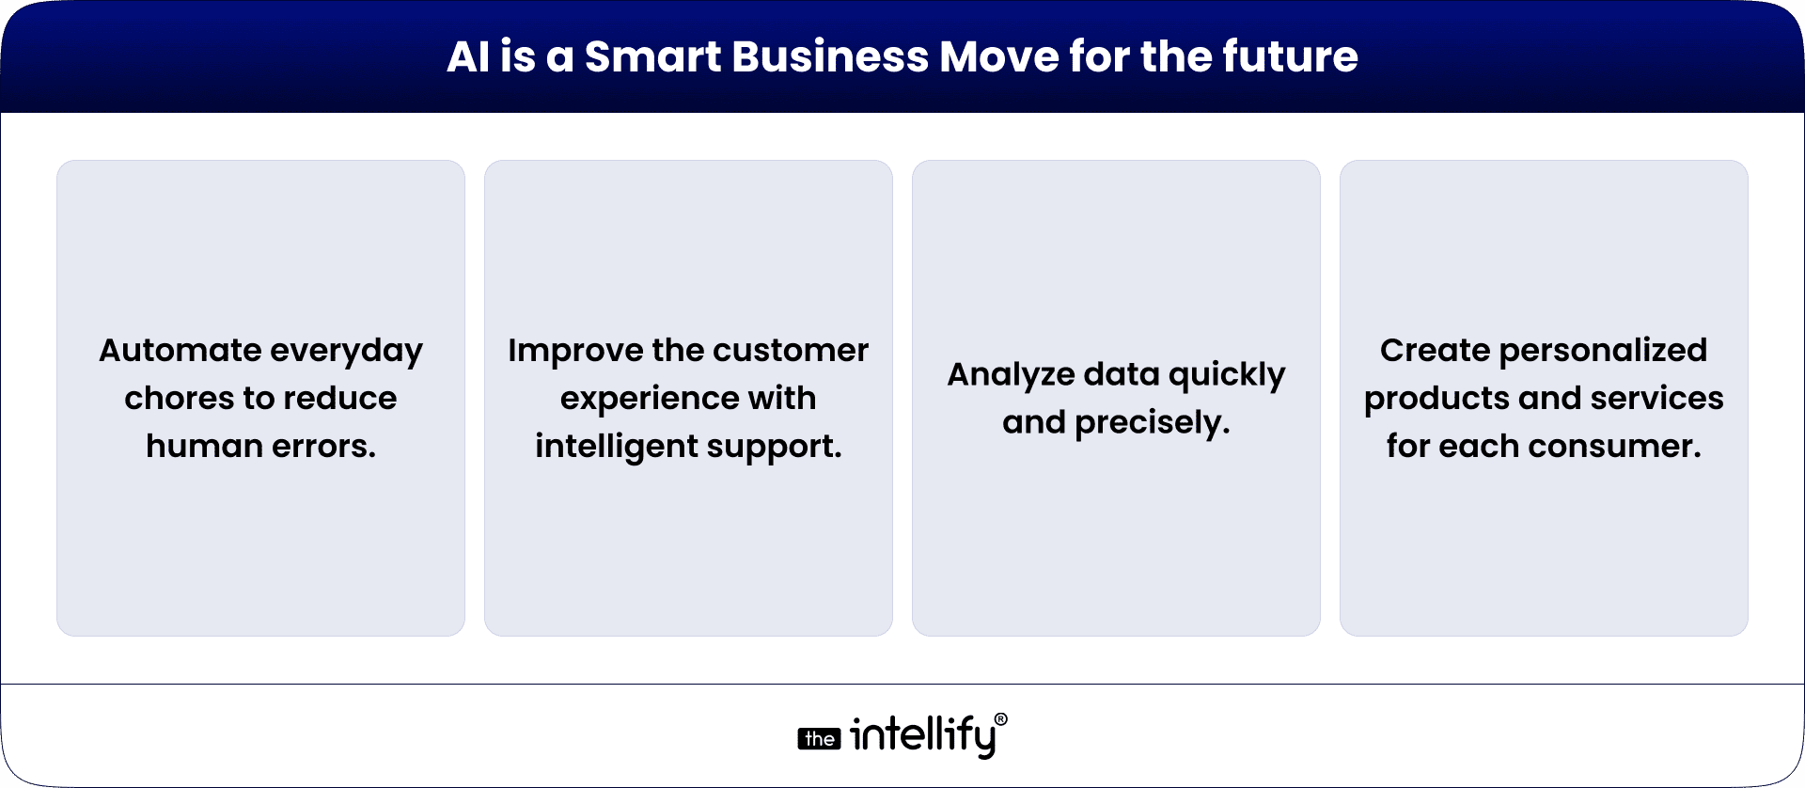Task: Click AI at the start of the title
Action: [x=467, y=56]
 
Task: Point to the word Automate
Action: [x=180, y=350]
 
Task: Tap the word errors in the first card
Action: [x=323, y=446]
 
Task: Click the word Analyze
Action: [x=1011, y=374]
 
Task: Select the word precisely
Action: [x=1152, y=423]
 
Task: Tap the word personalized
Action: [x=1603, y=350]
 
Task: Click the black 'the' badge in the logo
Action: [x=819, y=739]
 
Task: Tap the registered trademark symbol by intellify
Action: [x=1000, y=719]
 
